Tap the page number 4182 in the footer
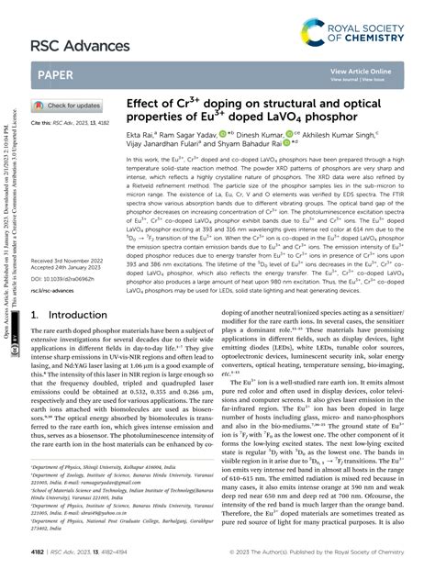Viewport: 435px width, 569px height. [x=39, y=552]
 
